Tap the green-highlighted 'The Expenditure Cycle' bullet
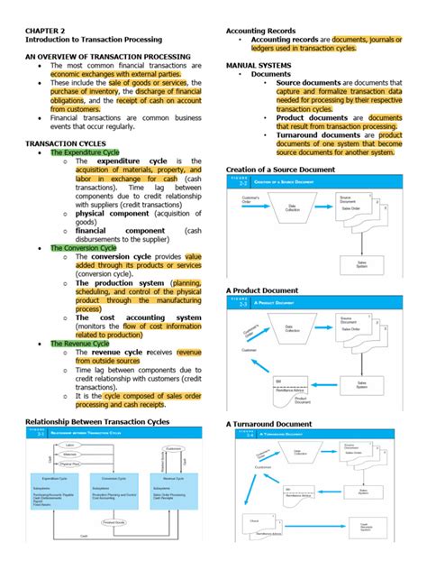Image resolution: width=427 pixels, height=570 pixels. pyautogui.click(x=85, y=152)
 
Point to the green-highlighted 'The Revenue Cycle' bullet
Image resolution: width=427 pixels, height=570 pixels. pyautogui.click(x=80, y=343)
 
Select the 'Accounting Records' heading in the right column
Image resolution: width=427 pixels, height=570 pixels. pyautogui.click(x=261, y=31)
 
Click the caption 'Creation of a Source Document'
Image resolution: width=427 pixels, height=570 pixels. pyautogui.click(x=280, y=170)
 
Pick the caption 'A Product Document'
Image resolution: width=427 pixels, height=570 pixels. pyautogui.click(x=262, y=290)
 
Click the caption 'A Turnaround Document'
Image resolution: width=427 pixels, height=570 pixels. pyautogui.click(x=268, y=424)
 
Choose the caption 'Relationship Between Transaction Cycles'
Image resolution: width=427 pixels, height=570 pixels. pyautogui.click(x=96, y=421)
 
